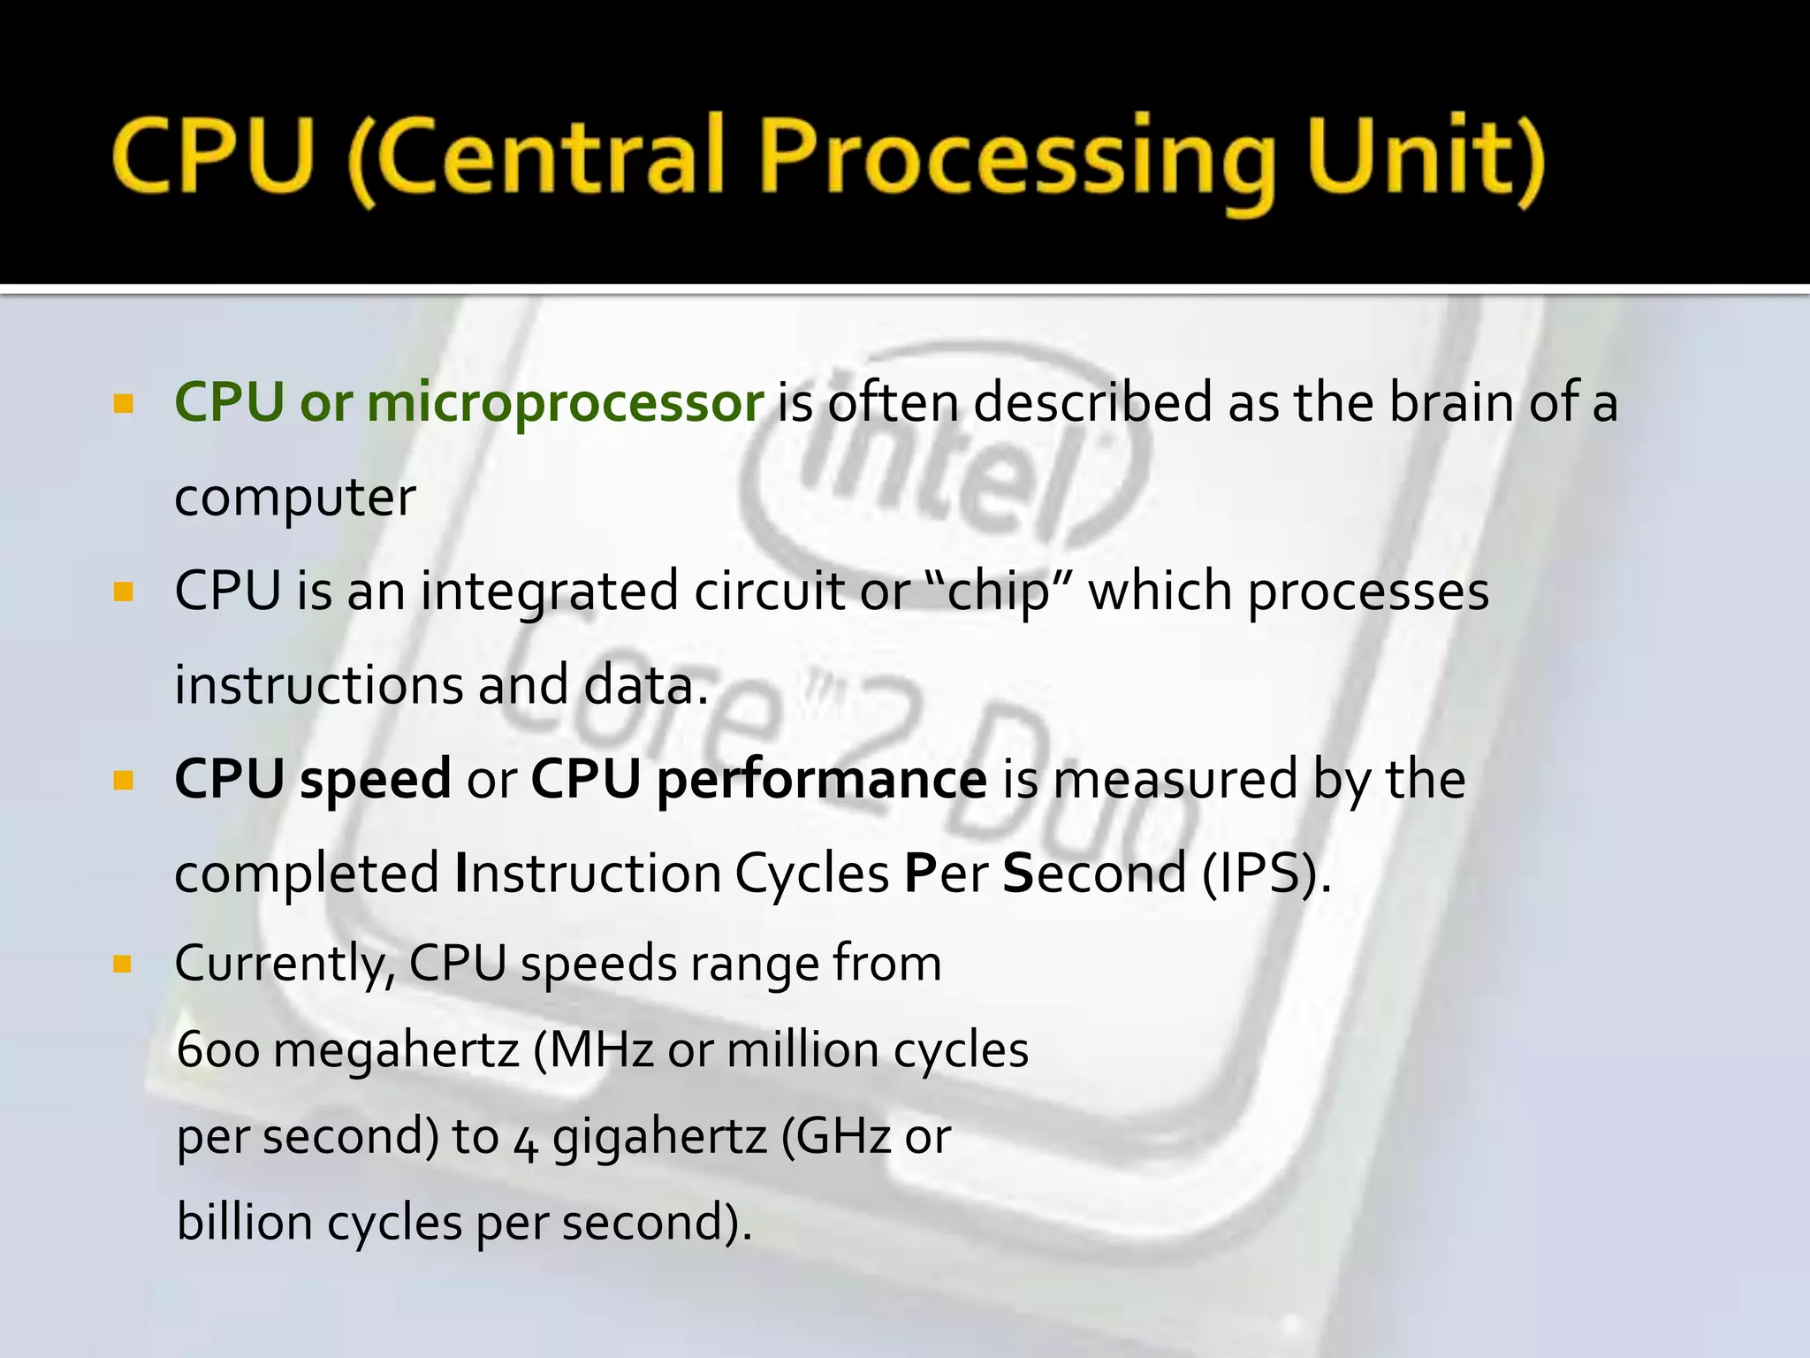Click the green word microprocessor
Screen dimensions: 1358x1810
pos(565,402)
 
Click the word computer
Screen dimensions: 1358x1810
pos(294,498)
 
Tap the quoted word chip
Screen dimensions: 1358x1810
pos(998,591)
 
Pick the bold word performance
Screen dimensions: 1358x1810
pos(821,780)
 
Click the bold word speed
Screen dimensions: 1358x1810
pos(376,780)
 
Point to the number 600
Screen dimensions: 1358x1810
pos(218,1050)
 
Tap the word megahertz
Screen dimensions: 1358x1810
pos(396,1050)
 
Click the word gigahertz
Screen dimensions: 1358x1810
pos(659,1137)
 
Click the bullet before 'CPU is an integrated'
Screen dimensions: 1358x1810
pos(123,591)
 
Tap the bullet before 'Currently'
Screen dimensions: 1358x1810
pos(123,964)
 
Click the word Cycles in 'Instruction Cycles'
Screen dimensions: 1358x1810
pos(811,874)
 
